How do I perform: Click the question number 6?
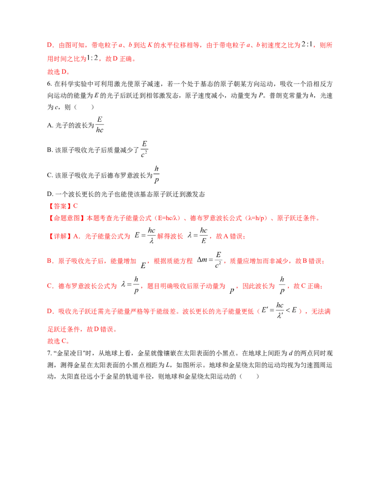click(x=49, y=84)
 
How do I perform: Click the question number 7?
click(x=49, y=353)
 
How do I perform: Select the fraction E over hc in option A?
click(x=99, y=125)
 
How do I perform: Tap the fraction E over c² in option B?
click(x=144, y=149)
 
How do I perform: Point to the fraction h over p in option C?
click(x=156, y=174)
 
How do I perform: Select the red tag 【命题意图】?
click(x=66, y=218)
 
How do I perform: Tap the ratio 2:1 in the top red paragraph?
click(x=307, y=45)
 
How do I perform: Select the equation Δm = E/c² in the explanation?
click(x=209, y=260)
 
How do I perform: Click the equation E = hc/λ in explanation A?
click(x=145, y=235)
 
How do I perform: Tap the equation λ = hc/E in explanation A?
click(x=198, y=235)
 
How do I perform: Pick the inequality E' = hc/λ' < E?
click(x=279, y=310)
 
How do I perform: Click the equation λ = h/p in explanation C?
click(x=130, y=285)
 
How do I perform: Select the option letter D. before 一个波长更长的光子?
click(x=50, y=194)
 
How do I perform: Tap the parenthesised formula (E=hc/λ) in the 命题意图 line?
click(x=165, y=218)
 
